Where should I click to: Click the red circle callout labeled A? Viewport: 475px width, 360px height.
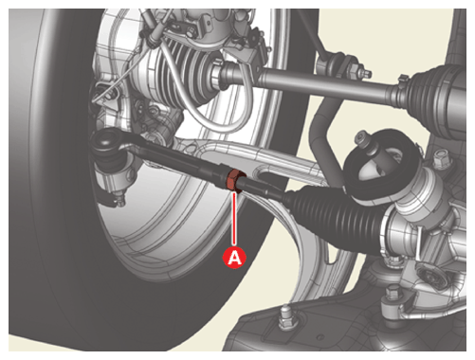(234, 258)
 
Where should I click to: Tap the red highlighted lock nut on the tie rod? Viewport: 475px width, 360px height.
(235, 180)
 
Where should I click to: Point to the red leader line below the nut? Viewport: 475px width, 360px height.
(234, 219)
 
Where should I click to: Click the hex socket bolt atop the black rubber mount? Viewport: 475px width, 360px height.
(364, 139)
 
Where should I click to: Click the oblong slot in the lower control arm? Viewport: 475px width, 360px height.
(278, 175)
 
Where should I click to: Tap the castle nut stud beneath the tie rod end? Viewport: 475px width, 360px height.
(119, 198)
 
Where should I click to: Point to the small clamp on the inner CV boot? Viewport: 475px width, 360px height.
(402, 82)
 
